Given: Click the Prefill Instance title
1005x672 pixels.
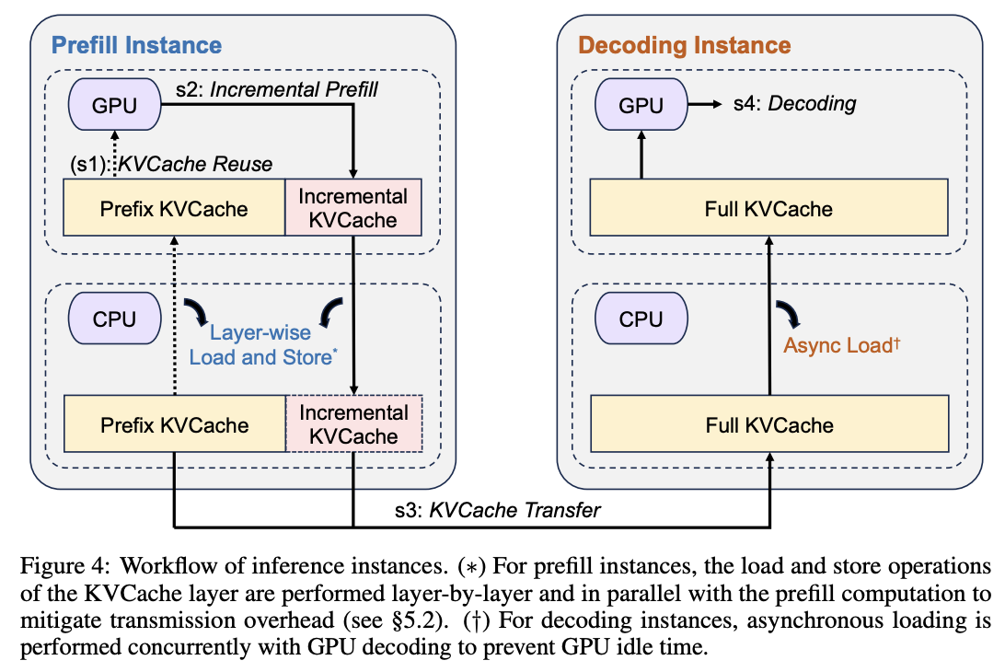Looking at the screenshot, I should coord(136,45).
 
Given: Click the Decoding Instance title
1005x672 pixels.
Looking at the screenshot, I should coord(684,45).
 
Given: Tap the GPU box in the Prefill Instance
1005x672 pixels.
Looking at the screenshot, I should coord(115,105).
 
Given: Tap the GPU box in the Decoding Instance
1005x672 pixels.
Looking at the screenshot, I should coord(641,105).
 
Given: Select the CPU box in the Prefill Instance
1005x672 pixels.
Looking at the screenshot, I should coord(115,319).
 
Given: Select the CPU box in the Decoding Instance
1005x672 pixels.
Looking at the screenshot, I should coord(641,319).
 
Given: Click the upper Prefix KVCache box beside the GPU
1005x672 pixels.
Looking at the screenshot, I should coord(174,208).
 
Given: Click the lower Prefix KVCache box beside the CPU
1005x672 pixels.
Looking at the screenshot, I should coord(174,425).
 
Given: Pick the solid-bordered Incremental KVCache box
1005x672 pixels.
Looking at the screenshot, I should coord(353,208).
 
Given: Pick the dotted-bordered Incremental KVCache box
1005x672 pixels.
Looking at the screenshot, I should coord(353,425).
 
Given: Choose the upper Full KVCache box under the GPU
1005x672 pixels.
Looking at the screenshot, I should coord(768,208).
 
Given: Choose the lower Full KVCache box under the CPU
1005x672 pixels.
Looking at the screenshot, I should coord(768,425).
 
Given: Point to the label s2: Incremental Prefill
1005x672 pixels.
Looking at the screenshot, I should coord(276,90).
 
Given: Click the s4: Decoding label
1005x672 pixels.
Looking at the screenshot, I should coord(794,104).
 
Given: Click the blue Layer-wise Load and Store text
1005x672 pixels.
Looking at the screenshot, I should coord(260,345).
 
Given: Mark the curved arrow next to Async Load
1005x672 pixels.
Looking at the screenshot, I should coord(788,316).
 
